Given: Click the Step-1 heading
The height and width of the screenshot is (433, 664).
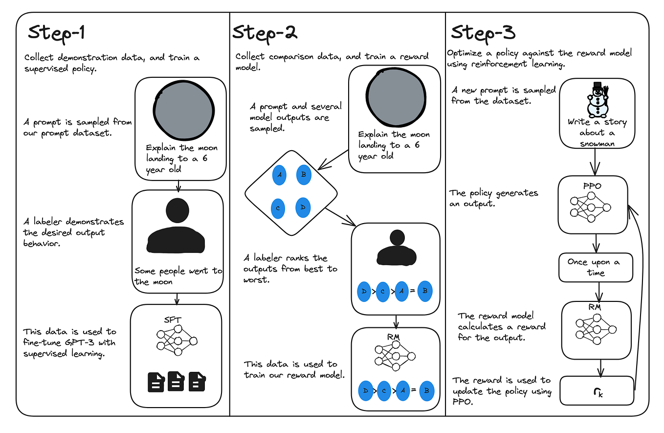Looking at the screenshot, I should (57, 33).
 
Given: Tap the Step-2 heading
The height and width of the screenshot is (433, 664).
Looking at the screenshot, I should (265, 33).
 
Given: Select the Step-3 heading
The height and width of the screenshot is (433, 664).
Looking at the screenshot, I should (483, 33).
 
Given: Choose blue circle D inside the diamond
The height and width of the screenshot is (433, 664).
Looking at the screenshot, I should (303, 207).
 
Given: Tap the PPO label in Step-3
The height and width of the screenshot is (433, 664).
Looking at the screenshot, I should (592, 186).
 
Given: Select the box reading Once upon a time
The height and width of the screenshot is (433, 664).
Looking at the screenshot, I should (596, 267).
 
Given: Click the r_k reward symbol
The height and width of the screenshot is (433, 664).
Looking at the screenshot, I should (597, 391).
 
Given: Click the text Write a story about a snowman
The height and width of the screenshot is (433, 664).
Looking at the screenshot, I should (597, 133).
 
